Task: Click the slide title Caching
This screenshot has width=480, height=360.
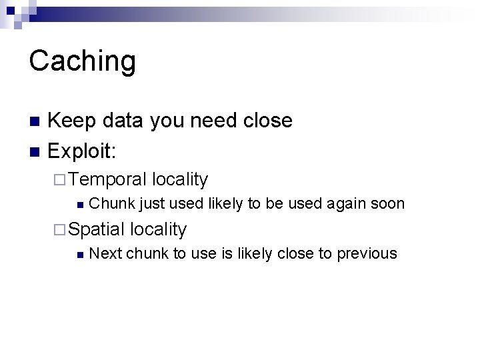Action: click(82, 61)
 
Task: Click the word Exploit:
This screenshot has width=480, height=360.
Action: click(83, 151)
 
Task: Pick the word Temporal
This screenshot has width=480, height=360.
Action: click(107, 179)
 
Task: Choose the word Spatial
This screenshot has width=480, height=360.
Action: click(97, 229)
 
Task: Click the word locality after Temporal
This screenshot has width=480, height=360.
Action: click(180, 179)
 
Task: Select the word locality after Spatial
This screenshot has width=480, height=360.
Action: click(159, 229)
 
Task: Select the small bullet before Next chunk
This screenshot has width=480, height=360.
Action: click(80, 254)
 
